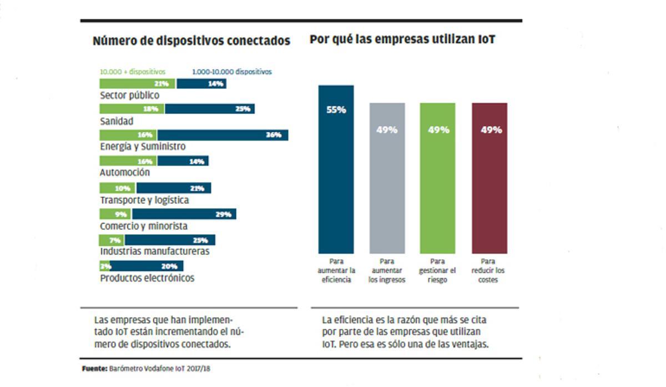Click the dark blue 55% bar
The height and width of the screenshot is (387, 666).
tap(336, 169)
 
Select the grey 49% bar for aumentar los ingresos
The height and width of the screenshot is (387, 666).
tap(387, 178)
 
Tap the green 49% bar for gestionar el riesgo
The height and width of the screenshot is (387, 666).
tap(438, 178)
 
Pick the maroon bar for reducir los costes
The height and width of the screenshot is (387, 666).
tap(489, 178)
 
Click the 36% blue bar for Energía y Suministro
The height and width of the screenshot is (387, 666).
tap(223, 135)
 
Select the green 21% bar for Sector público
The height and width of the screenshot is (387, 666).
tap(137, 84)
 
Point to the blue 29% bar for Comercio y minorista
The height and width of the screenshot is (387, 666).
tap(184, 214)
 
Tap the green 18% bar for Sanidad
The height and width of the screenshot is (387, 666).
tap(132, 109)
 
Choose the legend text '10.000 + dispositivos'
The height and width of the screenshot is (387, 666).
tap(132, 72)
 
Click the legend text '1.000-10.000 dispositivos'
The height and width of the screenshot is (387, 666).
tap(231, 72)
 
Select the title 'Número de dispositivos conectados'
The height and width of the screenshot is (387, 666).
tap(191, 41)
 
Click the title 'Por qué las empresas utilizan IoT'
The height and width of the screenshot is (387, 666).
tap(402, 40)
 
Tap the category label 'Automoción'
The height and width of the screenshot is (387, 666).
tap(124, 173)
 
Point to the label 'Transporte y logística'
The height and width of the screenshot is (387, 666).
tap(144, 200)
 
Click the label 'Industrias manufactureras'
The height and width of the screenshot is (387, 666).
tap(154, 252)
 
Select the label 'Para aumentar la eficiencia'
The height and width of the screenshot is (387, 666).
tap(336, 270)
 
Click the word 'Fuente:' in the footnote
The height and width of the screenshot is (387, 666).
tap(94, 368)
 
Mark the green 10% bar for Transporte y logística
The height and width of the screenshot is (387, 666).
tap(118, 188)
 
